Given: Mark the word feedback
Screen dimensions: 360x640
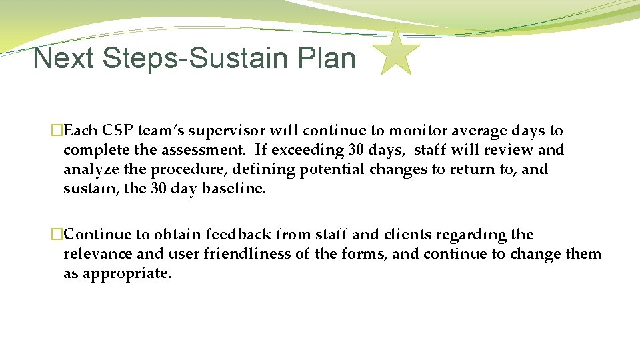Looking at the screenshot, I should pyautogui.click(x=238, y=235).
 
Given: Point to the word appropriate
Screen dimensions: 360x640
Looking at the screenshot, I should pyautogui.click(x=126, y=273).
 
